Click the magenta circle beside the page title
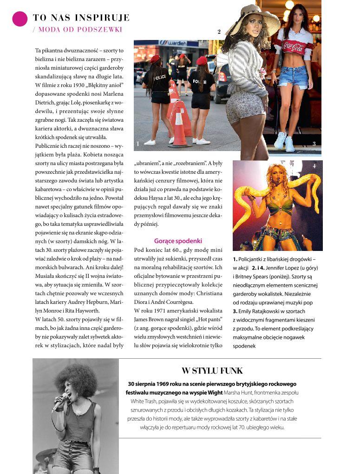click(x=20, y=18)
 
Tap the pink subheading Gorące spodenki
click(x=178, y=241)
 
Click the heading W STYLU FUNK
click(x=212, y=371)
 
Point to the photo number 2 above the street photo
click(x=219, y=32)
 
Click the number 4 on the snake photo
click(x=314, y=166)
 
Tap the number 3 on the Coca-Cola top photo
click(x=314, y=144)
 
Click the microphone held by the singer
click(x=59, y=402)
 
